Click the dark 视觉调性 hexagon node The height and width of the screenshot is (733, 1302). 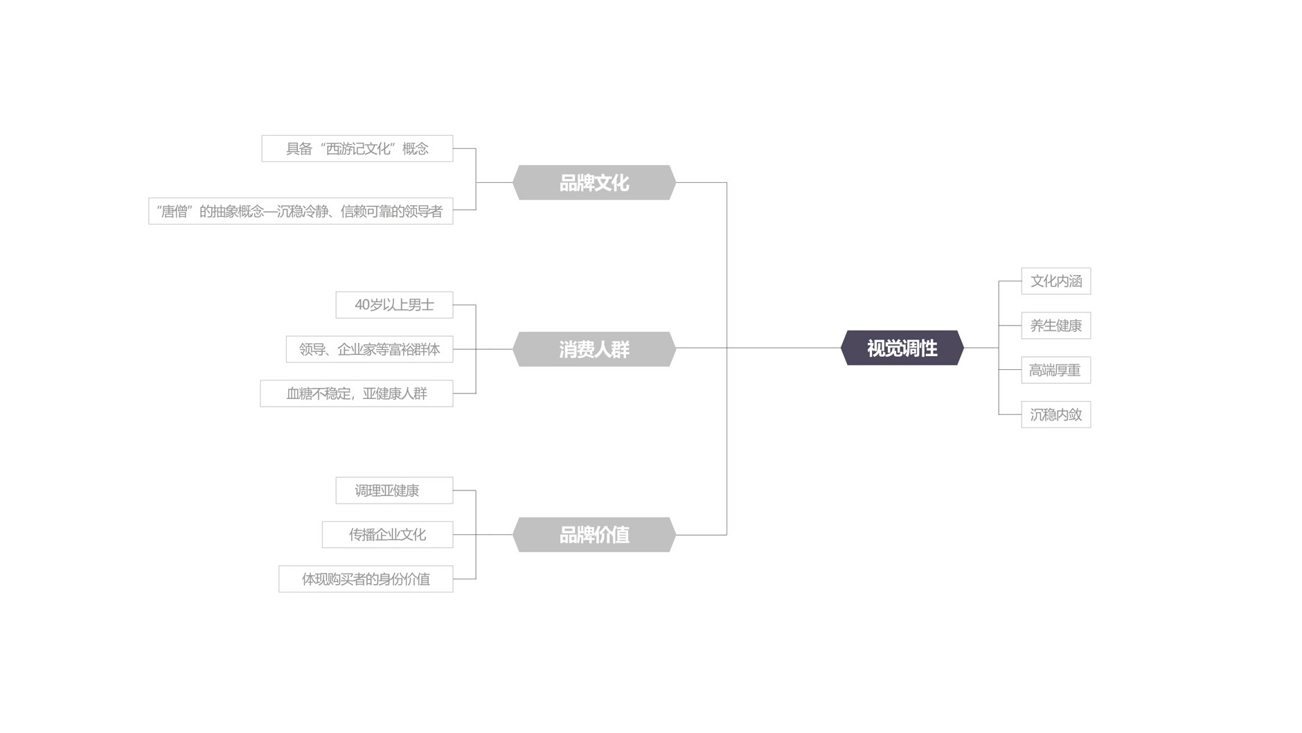(x=902, y=348)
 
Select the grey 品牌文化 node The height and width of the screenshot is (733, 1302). (x=594, y=183)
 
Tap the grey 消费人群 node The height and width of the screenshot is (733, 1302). (x=594, y=349)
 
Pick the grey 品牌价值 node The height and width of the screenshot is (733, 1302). (x=594, y=535)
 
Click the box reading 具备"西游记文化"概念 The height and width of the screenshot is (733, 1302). (x=357, y=149)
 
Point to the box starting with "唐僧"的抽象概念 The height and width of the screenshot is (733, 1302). (x=300, y=211)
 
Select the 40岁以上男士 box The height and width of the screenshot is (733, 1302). (x=394, y=305)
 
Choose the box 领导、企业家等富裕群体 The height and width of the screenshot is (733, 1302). (x=369, y=349)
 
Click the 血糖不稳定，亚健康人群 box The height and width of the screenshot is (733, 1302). (x=356, y=394)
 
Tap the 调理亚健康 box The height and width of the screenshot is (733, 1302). (x=394, y=491)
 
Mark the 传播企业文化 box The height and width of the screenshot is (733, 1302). (x=387, y=535)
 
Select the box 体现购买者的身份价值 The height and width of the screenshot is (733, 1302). (x=366, y=579)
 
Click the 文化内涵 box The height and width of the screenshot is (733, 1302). (x=1055, y=281)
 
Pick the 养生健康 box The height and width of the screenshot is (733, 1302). (x=1055, y=326)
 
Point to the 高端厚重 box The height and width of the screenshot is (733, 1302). (x=1055, y=370)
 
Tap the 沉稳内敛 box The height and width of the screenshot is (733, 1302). (x=1055, y=414)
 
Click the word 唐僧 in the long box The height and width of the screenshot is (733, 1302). (x=174, y=211)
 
